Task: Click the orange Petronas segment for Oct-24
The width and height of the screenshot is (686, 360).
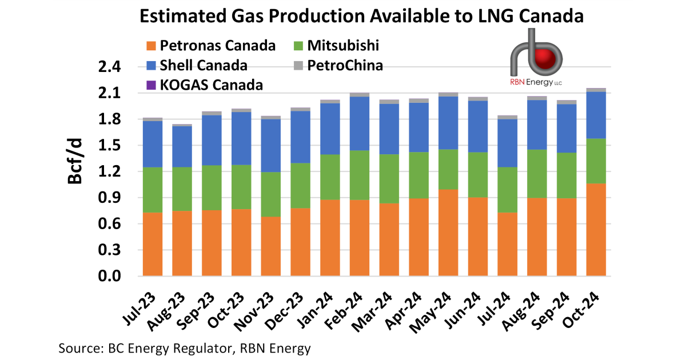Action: [596, 230]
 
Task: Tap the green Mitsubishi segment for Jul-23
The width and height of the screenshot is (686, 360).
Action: [153, 190]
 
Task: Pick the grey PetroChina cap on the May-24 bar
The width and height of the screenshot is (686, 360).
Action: [448, 94]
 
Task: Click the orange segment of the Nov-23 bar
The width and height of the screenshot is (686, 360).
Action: [271, 246]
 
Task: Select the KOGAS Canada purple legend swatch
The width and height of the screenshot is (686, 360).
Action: [151, 86]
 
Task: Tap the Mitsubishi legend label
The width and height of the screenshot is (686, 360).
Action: [342, 46]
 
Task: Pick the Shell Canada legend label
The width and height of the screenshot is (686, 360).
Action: [204, 66]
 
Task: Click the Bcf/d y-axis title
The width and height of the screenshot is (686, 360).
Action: [75, 163]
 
